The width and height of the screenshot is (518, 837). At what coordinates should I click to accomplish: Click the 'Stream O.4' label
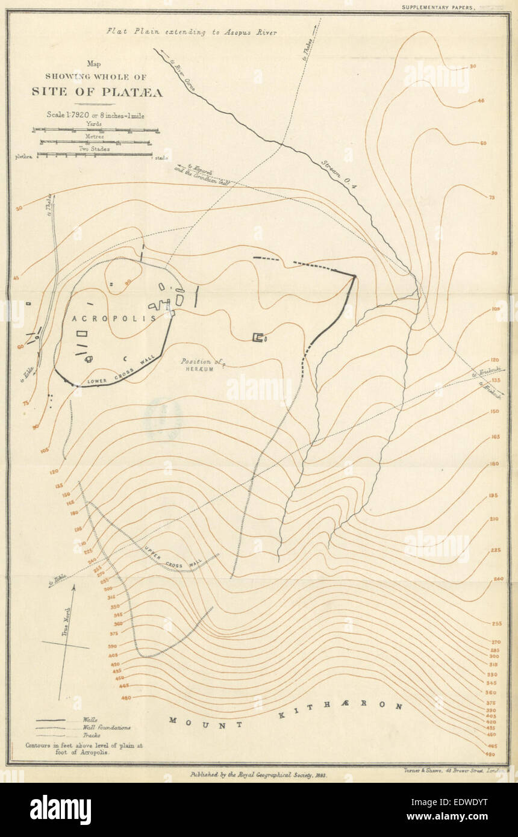click(x=338, y=175)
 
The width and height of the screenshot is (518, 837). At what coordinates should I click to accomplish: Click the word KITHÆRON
click(x=340, y=711)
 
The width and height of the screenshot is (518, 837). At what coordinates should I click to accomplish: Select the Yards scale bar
click(x=96, y=129)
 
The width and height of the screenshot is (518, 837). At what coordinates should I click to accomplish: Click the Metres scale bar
click(x=96, y=142)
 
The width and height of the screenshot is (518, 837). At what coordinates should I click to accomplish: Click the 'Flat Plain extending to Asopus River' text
click(x=192, y=32)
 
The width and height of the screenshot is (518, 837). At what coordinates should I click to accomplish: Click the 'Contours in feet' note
click(x=84, y=748)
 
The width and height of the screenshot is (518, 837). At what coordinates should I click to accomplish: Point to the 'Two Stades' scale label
click(x=95, y=148)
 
